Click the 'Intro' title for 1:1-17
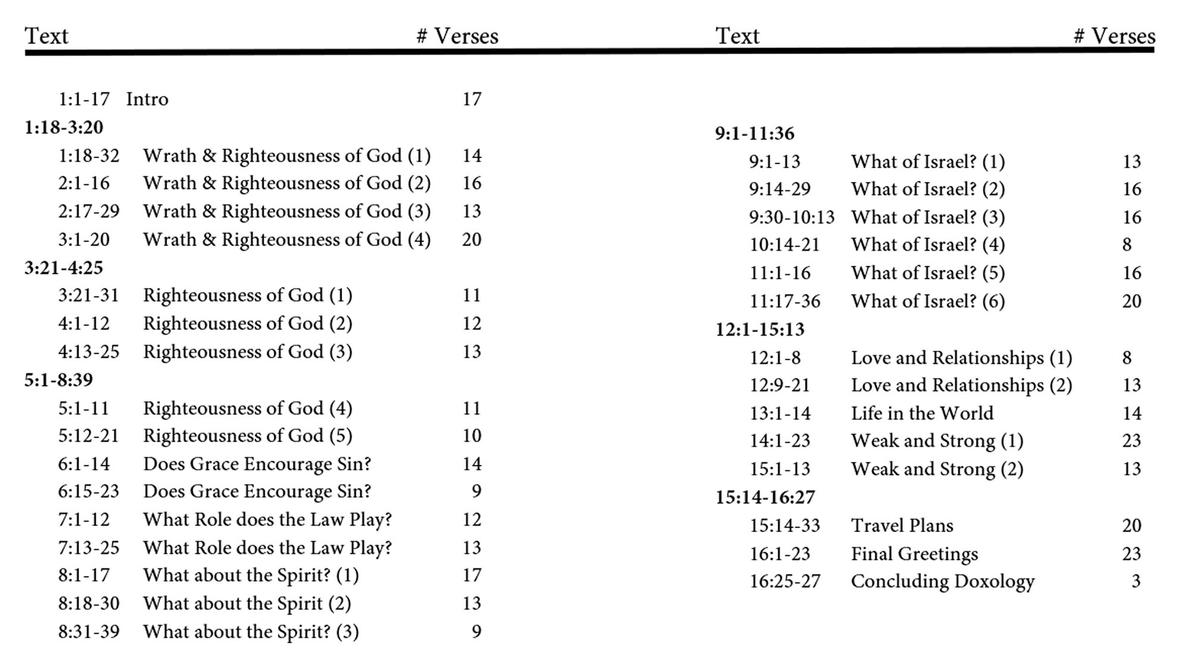[147, 99]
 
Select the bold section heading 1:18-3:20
[64, 127]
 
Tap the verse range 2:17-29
[89, 211]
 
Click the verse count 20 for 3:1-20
[472, 240]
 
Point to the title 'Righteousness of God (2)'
[248, 324]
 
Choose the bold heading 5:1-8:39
[59, 380]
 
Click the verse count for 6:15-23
[476, 491]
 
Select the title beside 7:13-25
[268, 548]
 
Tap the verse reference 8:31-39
[89, 631]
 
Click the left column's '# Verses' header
[457, 36]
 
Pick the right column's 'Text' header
[737, 36]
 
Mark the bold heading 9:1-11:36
[754, 133]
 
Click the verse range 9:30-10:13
[792, 218]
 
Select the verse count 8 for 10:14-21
[1127, 245]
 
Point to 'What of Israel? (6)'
[928, 301]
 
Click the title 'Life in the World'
[922, 413]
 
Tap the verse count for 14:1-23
[1132, 440]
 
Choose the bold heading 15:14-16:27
[765, 497]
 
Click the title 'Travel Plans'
[902, 525]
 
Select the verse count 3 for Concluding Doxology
[1136, 581]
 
